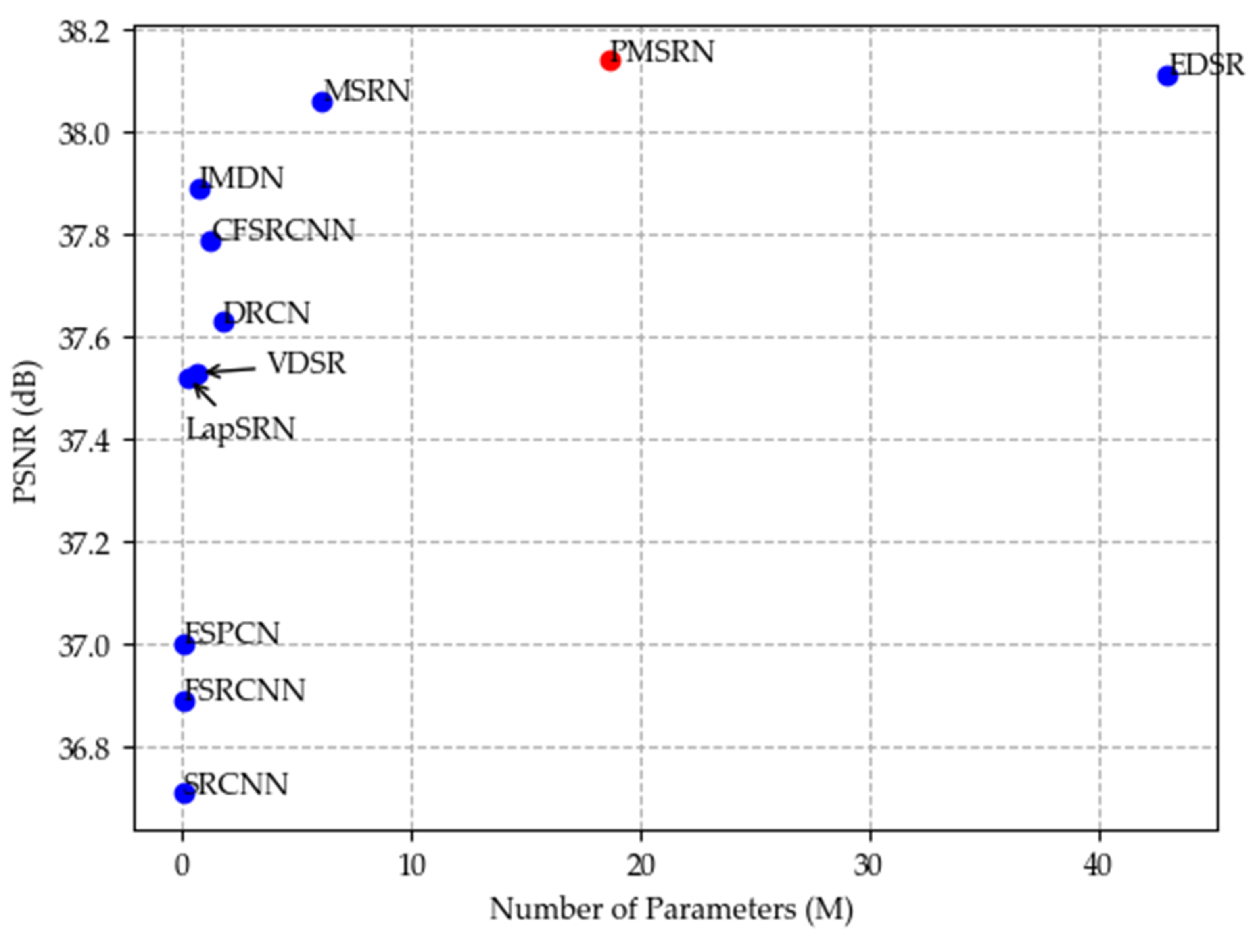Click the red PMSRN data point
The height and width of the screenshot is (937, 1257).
click(610, 60)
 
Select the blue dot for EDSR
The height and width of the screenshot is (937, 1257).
click(1167, 75)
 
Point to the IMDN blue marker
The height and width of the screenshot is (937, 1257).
click(200, 189)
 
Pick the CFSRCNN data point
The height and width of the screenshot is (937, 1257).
click(211, 241)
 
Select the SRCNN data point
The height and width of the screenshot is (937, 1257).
click(184, 793)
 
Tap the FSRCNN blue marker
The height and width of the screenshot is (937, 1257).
click(184, 702)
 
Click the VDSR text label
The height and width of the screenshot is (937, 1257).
click(307, 364)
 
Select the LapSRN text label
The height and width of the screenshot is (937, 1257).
click(240, 429)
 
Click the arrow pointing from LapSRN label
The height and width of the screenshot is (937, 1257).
click(205, 396)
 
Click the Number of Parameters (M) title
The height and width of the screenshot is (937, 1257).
click(671, 910)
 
